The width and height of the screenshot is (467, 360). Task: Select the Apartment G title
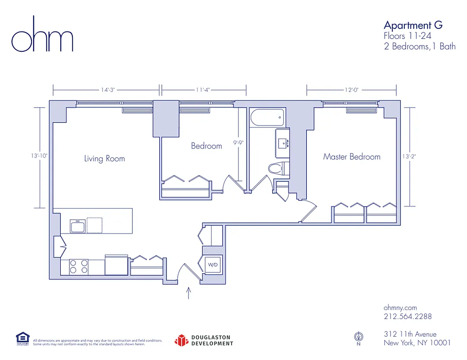(x=413, y=25)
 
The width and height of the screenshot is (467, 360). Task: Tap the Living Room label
(x=104, y=158)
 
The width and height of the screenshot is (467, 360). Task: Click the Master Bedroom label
(x=351, y=157)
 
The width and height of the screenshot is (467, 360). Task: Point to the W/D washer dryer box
(x=212, y=265)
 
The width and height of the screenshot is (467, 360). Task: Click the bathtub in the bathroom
(x=267, y=118)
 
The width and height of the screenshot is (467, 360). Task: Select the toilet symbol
(x=278, y=168)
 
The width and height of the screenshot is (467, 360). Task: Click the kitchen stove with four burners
(x=78, y=267)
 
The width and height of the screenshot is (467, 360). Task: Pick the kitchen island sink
(x=77, y=226)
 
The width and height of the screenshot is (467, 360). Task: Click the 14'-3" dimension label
(x=108, y=90)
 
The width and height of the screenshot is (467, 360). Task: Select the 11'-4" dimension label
(x=203, y=90)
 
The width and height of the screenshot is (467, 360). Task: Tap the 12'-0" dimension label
(x=351, y=90)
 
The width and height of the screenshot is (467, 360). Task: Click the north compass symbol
(x=359, y=336)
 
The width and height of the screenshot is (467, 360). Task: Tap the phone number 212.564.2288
(x=407, y=316)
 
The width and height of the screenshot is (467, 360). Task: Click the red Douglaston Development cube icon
(x=181, y=340)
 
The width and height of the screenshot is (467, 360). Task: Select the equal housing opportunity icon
(x=22, y=338)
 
